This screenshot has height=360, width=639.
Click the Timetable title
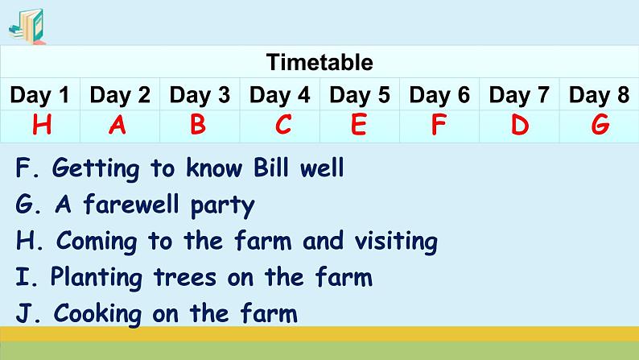click(319, 62)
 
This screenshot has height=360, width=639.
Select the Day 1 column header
click(39, 95)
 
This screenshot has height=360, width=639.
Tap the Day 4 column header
click(279, 95)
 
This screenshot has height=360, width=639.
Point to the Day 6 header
click(439, 95)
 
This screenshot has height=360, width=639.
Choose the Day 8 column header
click(599, 95)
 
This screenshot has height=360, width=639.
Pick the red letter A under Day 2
click(117, 126)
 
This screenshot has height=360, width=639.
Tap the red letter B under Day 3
click(198, 126)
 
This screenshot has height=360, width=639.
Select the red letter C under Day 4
click(283, 126)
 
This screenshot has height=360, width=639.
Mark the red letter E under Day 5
click(359, 126)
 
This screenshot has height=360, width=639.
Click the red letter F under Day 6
click(439, 126)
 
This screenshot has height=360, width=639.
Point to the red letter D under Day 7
click(520, 126)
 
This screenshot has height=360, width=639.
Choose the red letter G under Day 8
click(600, 126)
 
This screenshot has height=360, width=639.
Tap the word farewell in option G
click(128, 205)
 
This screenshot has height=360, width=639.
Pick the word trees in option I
click(186, 277)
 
